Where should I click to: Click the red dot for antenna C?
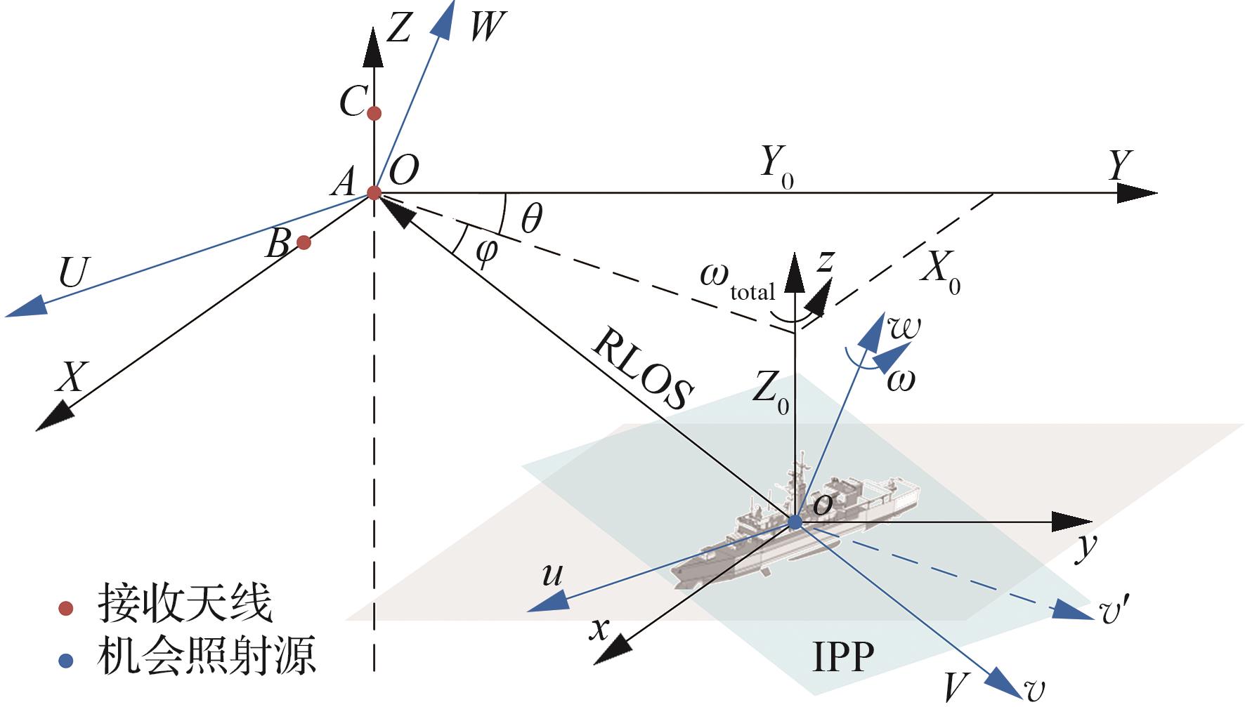point(374,113)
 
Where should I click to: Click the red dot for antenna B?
point(304,242)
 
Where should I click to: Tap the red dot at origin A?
point(374,192)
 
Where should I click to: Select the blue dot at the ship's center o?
point(795,522)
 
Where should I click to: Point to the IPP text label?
point(843,656)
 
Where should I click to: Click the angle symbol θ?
point(532,219)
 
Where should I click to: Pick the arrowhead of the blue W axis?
point(443,20)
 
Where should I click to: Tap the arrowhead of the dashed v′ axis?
point(1071,609)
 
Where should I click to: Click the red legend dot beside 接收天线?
point(65,608)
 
